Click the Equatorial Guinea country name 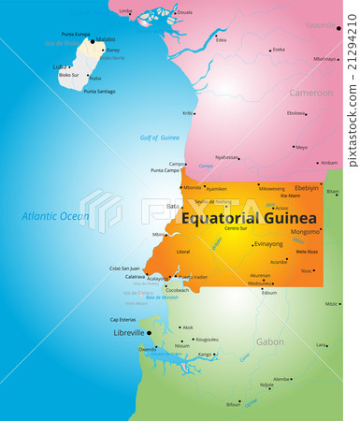click(248, 218)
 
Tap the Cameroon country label click(310, 93)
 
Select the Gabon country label click(269, 341)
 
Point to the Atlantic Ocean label click(55, 216)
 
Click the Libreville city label click(127, 332)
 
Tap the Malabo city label click(106, 40)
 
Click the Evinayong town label click(268, 243)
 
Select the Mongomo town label click(305, 231)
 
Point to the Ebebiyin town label click(306, 187)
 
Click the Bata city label click(172, 206)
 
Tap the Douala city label click(184, 12)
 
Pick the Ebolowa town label click(295, 113)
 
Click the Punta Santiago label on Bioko click(99, 91)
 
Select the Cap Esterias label click(123, 319)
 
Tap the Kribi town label click(187, 113)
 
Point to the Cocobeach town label click(177, 290)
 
